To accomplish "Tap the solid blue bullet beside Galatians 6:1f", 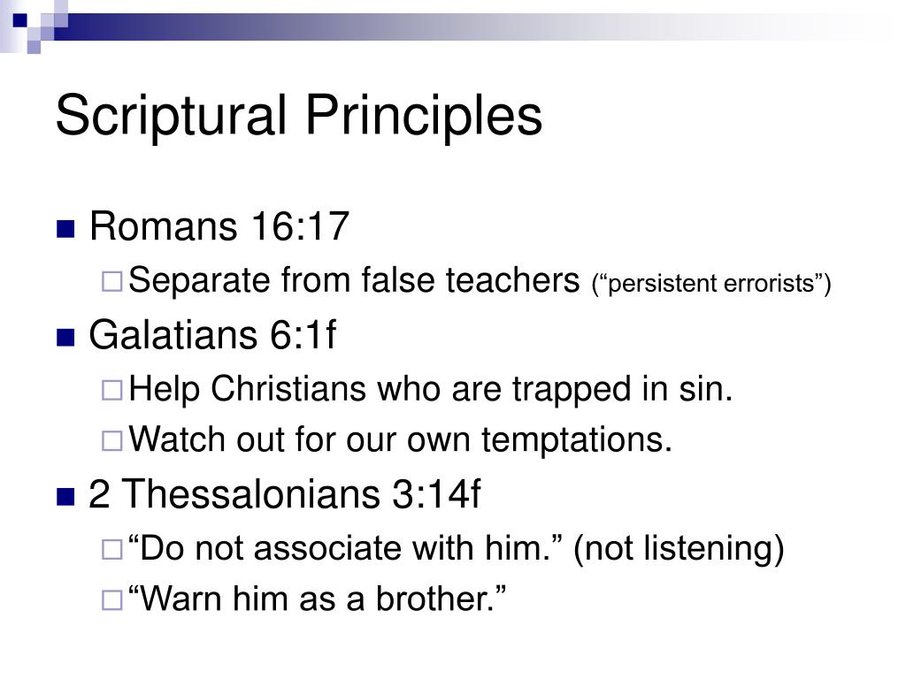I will [x=65, y=339].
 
